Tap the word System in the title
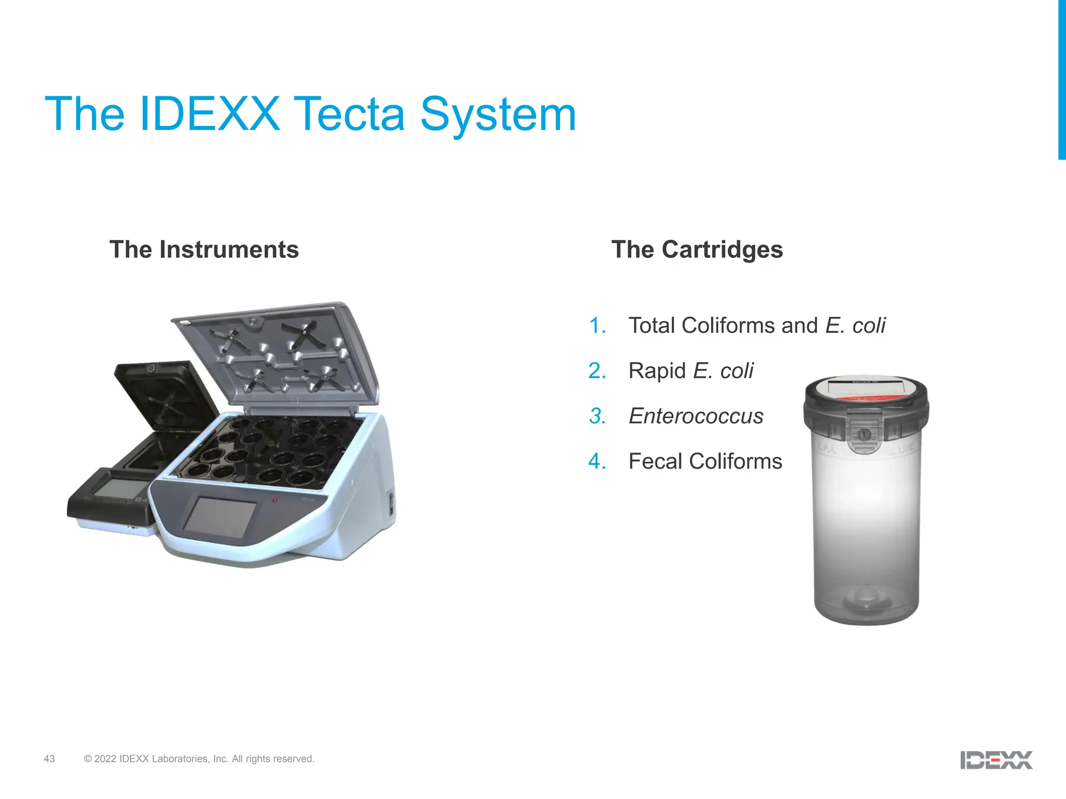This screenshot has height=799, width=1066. (498, 115)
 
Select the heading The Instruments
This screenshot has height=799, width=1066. (204, 250)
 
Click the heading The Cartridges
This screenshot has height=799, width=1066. (697, 250)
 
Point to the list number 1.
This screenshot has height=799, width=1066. (597, 326)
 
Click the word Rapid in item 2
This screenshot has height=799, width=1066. (657, 371)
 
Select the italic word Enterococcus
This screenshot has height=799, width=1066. (696, 416)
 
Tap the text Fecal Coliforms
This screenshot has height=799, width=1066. (705, 461)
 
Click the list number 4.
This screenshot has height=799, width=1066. (597, 461)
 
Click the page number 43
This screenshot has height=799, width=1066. (49, 759)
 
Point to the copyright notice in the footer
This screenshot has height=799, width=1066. (199, 759)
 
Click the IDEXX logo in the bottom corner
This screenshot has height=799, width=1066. (996, 760)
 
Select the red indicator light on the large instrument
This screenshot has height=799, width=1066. (274, 499)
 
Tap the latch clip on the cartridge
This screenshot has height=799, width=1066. (864, 431)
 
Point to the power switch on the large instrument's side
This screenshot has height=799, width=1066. (391, 504)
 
